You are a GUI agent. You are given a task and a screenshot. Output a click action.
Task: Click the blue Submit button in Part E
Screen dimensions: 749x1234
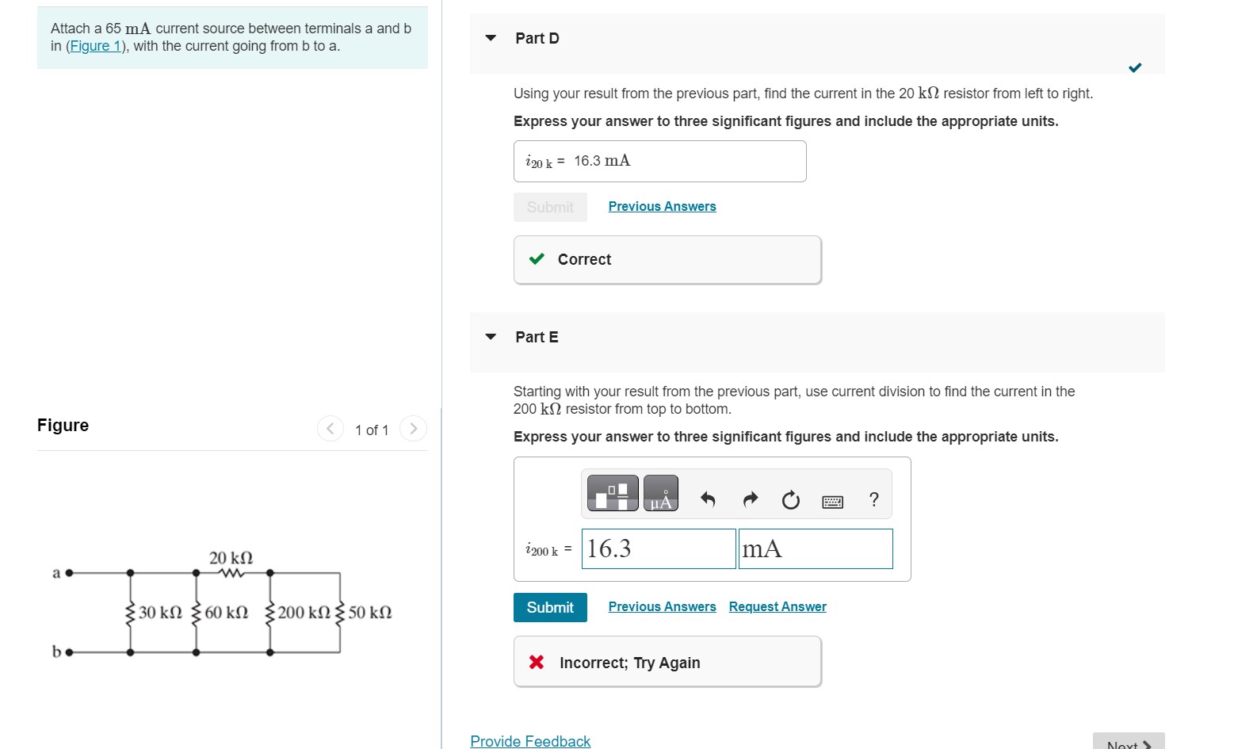550,607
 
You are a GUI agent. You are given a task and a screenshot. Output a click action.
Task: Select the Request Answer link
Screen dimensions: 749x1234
777,606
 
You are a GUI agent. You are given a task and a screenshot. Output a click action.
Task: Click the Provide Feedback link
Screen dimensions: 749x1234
530,741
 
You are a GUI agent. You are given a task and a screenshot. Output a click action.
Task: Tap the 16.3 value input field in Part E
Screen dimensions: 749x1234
658,548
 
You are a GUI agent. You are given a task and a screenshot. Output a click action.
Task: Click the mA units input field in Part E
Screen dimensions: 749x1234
815,548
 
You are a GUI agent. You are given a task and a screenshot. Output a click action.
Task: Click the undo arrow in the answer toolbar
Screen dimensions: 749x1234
708,499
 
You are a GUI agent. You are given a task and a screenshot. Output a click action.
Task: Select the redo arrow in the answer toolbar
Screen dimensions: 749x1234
750,499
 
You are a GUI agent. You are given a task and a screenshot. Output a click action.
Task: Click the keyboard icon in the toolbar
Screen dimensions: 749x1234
832,501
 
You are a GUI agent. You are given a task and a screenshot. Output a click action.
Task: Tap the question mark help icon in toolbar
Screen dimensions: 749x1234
873,499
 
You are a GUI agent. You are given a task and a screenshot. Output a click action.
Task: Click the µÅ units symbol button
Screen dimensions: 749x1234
660,493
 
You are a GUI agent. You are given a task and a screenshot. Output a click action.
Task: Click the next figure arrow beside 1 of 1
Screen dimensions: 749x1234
413,429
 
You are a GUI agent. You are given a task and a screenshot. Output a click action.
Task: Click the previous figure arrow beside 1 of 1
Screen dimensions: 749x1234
330,429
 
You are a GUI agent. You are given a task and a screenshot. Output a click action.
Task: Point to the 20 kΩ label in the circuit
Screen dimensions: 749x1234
231,558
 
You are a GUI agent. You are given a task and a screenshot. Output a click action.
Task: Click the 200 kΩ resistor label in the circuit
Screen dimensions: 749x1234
304,613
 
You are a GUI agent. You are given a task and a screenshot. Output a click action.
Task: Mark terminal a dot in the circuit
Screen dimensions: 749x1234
69,572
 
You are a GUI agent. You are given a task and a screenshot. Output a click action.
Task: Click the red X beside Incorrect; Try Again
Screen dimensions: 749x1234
537,662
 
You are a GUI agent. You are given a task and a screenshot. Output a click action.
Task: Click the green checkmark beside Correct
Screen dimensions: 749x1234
537,258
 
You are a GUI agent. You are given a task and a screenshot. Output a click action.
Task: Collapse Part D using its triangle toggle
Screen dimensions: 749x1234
491,38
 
